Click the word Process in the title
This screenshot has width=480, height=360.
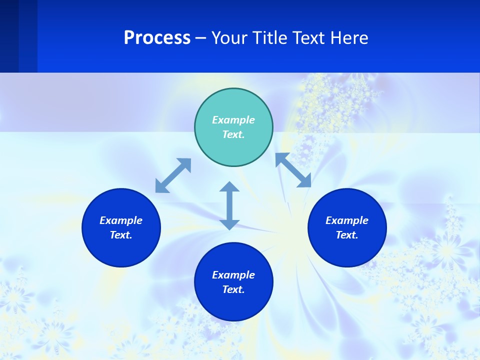(157, 38)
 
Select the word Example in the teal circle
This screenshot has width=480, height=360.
(233, 120)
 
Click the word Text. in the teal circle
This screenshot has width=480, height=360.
(233, 134)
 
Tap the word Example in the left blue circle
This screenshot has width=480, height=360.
(121, 220)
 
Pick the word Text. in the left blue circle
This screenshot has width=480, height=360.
(121, 235)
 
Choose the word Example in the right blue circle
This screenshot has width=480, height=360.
(347, 220)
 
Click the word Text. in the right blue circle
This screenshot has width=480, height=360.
(347, 235)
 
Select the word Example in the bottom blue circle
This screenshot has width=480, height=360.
(233, 275)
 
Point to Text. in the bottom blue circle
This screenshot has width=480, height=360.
(233, 289)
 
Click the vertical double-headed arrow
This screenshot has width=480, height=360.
(229, 205)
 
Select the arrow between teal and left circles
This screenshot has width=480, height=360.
(173, 175)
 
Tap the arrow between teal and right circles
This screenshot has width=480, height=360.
(293, 170)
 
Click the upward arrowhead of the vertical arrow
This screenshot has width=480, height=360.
(229, 187)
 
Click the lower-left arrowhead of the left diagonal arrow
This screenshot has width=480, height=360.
(161, 187)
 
